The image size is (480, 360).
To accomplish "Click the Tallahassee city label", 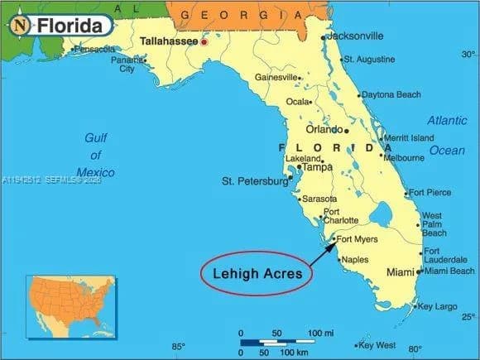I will (169, 40).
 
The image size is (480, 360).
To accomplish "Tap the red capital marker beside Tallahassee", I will (204, 41).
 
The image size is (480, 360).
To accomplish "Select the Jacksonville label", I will (355, 36).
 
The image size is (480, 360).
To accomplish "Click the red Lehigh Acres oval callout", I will (257, 272).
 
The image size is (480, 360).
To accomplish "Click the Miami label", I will (400, 272).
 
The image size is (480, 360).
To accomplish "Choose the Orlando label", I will (324, 130).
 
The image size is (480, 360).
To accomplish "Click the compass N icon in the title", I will (21, 26).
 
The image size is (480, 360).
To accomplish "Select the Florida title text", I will (73, 26).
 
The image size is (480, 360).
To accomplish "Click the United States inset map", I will (70, 306).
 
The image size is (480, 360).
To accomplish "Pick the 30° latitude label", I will (468, 55).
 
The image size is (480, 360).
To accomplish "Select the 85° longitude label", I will (178, 347).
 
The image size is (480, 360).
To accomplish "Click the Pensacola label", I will (94, 50).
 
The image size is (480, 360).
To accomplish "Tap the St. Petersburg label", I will (254, 180).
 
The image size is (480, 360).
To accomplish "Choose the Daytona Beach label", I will (391, 95).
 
